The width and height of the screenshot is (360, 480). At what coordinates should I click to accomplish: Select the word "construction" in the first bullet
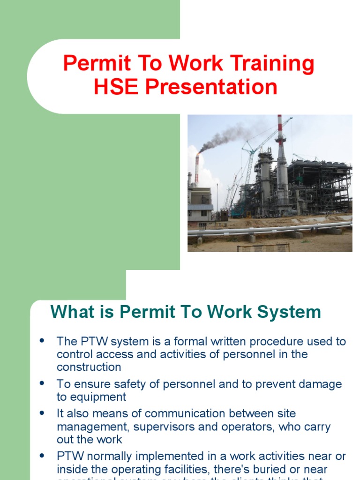[x=89, y=367]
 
